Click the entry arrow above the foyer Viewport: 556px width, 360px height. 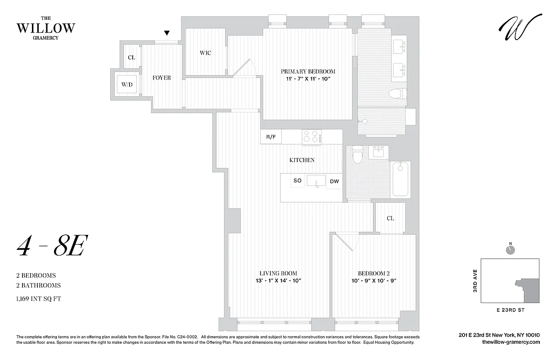167,33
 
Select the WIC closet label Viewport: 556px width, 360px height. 205,53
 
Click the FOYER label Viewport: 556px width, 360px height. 161,78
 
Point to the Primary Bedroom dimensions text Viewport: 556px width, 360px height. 308,79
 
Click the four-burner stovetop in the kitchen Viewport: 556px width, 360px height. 311,136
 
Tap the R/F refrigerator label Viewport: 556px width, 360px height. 271,137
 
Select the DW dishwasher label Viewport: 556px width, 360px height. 334,181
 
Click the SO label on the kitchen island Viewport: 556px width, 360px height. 297,181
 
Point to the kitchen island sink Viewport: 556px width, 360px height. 316,181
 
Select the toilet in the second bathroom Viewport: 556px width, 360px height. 358,155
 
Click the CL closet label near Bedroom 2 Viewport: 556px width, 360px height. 390,218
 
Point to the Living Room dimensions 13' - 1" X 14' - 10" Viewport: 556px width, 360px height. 278,280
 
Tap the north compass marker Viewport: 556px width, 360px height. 510,249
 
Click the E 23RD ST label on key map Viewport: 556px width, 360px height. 510,310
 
